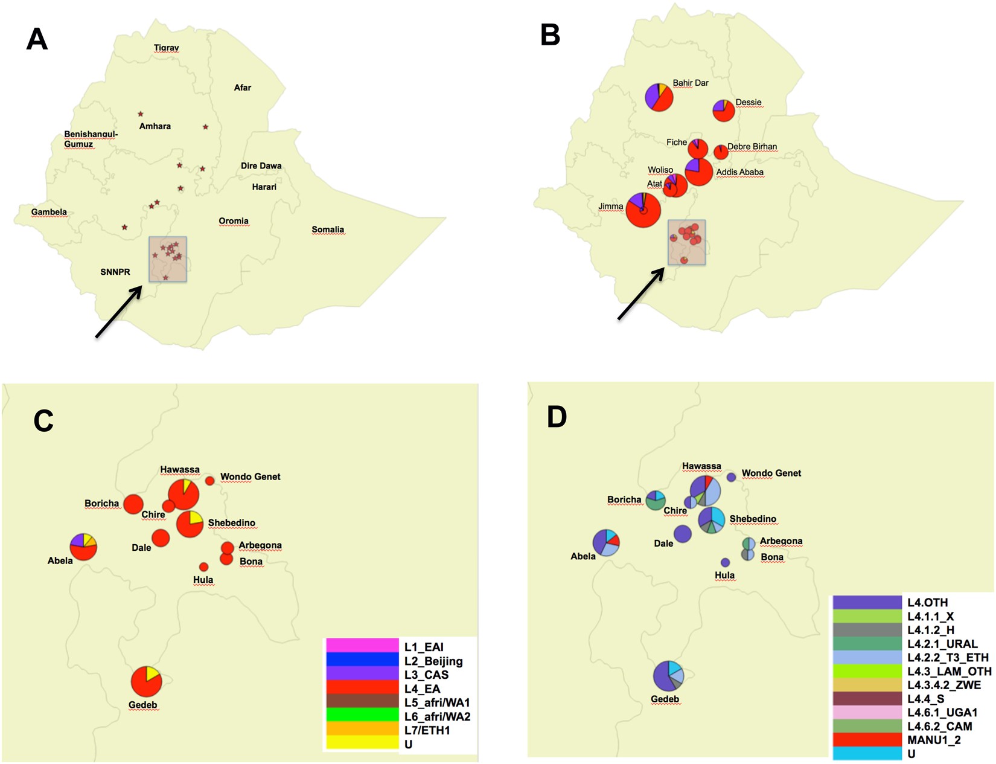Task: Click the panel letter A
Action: click(37, 40)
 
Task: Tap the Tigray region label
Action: click(166, 48)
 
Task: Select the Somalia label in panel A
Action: click(328, 230)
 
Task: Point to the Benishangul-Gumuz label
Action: click(91, 139)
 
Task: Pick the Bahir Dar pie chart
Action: click(659, 97)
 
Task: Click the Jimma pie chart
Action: click(643, 210)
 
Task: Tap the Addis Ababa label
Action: click(739, 172)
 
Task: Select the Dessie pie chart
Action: click(724, 111)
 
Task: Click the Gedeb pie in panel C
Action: click(146, 681)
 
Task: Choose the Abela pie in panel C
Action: click(83, 547)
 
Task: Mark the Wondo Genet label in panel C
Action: click(250, 477)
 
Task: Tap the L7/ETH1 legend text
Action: click(427, 730)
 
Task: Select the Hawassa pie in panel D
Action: click(705, 490)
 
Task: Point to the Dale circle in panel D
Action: click(682, 534)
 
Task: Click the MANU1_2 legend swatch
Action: click(867, 739)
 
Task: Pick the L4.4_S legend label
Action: click(926, 699)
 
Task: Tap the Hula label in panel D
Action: click(724, 575)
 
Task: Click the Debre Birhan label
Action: click(752, 147)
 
